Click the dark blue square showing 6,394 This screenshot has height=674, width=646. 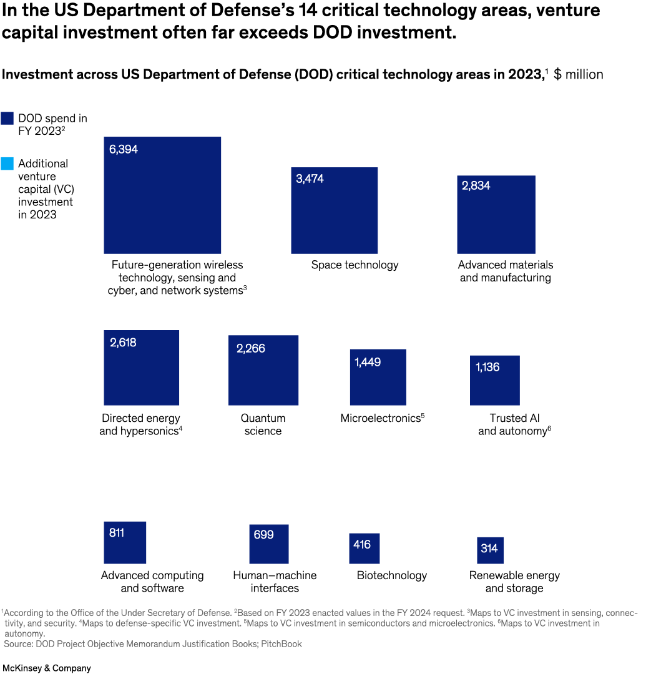[162, 195]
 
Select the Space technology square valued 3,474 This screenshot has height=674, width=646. [334, 210]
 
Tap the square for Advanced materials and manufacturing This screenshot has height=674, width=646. [496, 214]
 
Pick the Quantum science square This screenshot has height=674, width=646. [263, 370]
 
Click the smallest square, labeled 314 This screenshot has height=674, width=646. [490, 550]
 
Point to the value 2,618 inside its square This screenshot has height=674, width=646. [123, 343]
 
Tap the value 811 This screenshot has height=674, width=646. [117, 533]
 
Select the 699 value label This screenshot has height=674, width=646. [263, 535]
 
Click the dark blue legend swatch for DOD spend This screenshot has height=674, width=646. [7, 119]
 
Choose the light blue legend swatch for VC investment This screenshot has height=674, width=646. [7, 164]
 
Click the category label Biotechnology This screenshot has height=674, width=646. [391, 575]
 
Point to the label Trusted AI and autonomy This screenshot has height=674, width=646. [514, 424]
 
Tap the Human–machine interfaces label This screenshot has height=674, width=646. [275, 582]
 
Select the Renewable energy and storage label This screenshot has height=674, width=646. [514, 582]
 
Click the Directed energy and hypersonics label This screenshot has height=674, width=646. [140, 424]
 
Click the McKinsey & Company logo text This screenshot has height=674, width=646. [46, 668]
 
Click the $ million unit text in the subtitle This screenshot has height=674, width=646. [578, 75]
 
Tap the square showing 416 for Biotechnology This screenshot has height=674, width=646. [364, 549]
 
